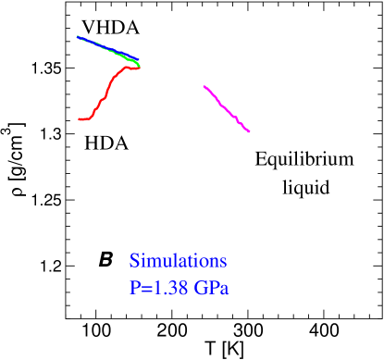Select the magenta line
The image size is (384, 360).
(226, 108)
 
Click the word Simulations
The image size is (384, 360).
(179, 261)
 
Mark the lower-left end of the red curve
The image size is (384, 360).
(80, 119)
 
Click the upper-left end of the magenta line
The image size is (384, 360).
(204, 86)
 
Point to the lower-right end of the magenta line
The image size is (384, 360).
(249, 131)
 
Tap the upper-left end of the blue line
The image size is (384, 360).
(77, 36)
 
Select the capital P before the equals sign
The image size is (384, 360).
(135, 288)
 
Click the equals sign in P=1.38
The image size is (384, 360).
(146, 289)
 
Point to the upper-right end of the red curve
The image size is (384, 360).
(139, 67)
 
